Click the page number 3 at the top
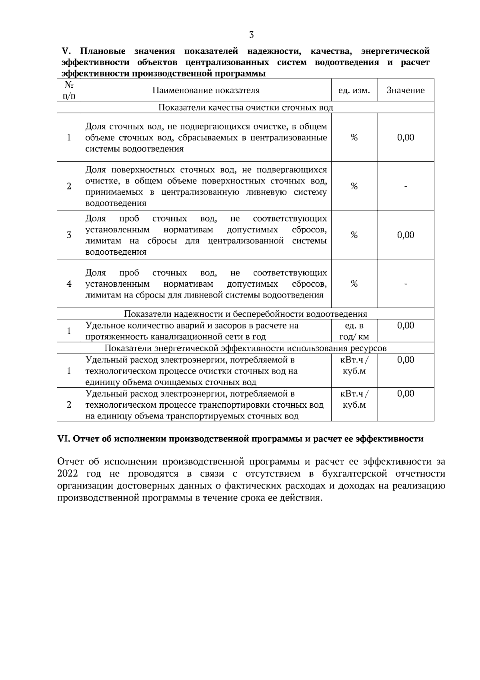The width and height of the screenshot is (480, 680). [251, 35]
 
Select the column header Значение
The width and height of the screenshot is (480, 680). [405, 91]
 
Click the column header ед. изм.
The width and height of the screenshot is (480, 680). [354, 91]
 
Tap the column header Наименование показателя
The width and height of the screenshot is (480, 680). [206, 91]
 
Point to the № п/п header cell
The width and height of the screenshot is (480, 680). [69, 91]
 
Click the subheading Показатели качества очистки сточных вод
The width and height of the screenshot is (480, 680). [246, 107]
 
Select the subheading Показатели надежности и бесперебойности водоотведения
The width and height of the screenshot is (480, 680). [246, 314]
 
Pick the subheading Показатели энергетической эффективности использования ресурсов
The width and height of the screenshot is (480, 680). [246, 348]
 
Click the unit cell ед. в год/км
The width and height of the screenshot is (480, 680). [354, 331]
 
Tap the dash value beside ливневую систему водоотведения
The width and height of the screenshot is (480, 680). [406, 186]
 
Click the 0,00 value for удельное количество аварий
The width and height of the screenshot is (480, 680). [406, 326]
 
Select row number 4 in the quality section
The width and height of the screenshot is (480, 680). [69, 284]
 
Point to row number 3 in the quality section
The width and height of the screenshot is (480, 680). [69, 235]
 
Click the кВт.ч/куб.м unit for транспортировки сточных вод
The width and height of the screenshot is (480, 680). [354, 399]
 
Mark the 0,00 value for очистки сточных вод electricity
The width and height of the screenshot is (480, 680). [406, 360]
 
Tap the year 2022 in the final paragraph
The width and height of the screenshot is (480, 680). [68, 474]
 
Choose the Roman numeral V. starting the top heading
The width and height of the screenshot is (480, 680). [66, 51]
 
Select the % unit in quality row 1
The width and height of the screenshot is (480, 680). [354, 137]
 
